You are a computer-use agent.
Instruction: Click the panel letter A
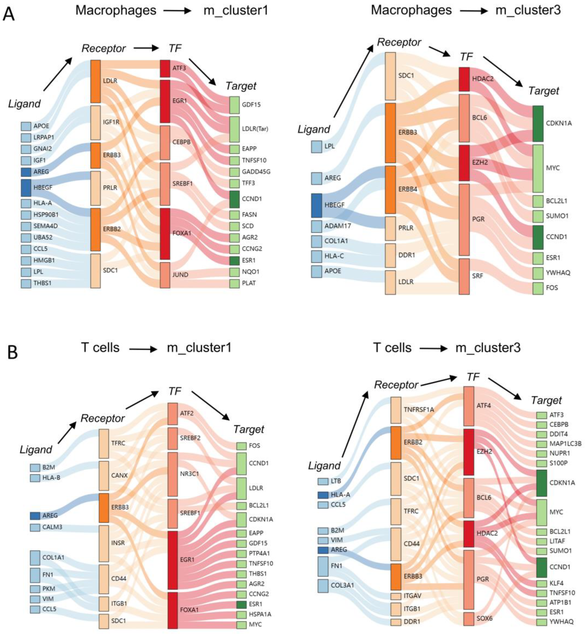tap(9, 14)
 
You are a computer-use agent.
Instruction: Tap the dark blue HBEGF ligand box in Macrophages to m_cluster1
tap(26, 188)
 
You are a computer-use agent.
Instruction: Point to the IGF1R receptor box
tap(96, 123)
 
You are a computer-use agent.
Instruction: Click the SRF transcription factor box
tap(464, 276)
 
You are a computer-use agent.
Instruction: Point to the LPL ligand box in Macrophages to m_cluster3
tap(316, 147)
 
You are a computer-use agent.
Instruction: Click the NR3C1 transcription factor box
tap(173, 474)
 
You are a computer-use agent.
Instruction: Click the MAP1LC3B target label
tap(565, 444)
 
